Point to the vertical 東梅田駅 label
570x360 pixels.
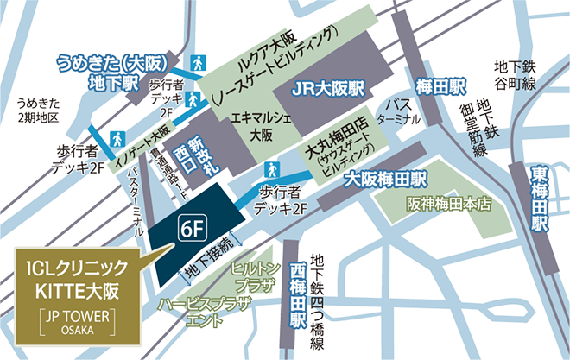coord(540,199)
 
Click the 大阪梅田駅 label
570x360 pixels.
coord(386,180)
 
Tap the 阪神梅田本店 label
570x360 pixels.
coord(448,206)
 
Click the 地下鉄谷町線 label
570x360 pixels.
coord(516,73)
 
